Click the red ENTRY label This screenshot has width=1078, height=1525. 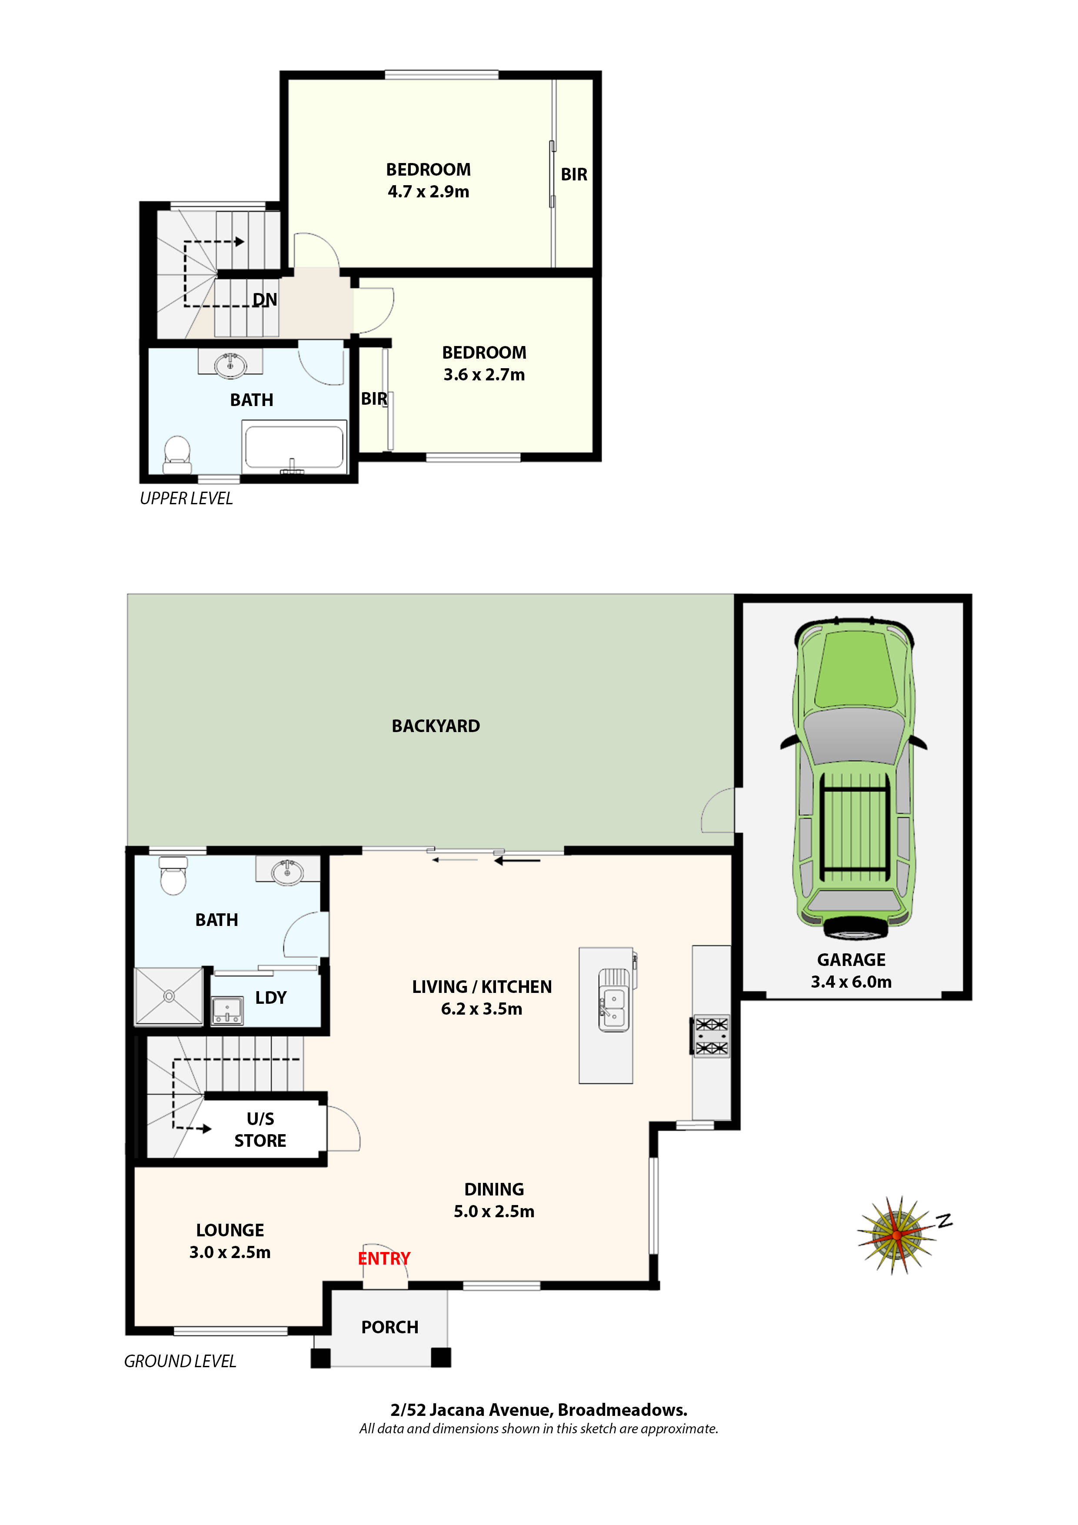click(384, 1258)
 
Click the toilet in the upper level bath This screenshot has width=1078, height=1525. click(176, 454)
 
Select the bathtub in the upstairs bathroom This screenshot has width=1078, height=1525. click(294, 447)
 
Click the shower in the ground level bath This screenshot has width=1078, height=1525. click(169, 996)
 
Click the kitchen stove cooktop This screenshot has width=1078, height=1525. click(712, 1036)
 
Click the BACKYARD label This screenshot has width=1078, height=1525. click(436, 726)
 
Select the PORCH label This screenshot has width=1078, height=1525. click(390, 1327)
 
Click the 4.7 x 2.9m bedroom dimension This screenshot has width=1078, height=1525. click(429, 192)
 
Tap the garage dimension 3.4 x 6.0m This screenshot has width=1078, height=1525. click(851, 982)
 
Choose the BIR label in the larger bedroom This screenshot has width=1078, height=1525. click(574, 175)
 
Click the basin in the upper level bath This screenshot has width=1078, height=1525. click(230, 365)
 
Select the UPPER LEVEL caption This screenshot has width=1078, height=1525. click(186, 498)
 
